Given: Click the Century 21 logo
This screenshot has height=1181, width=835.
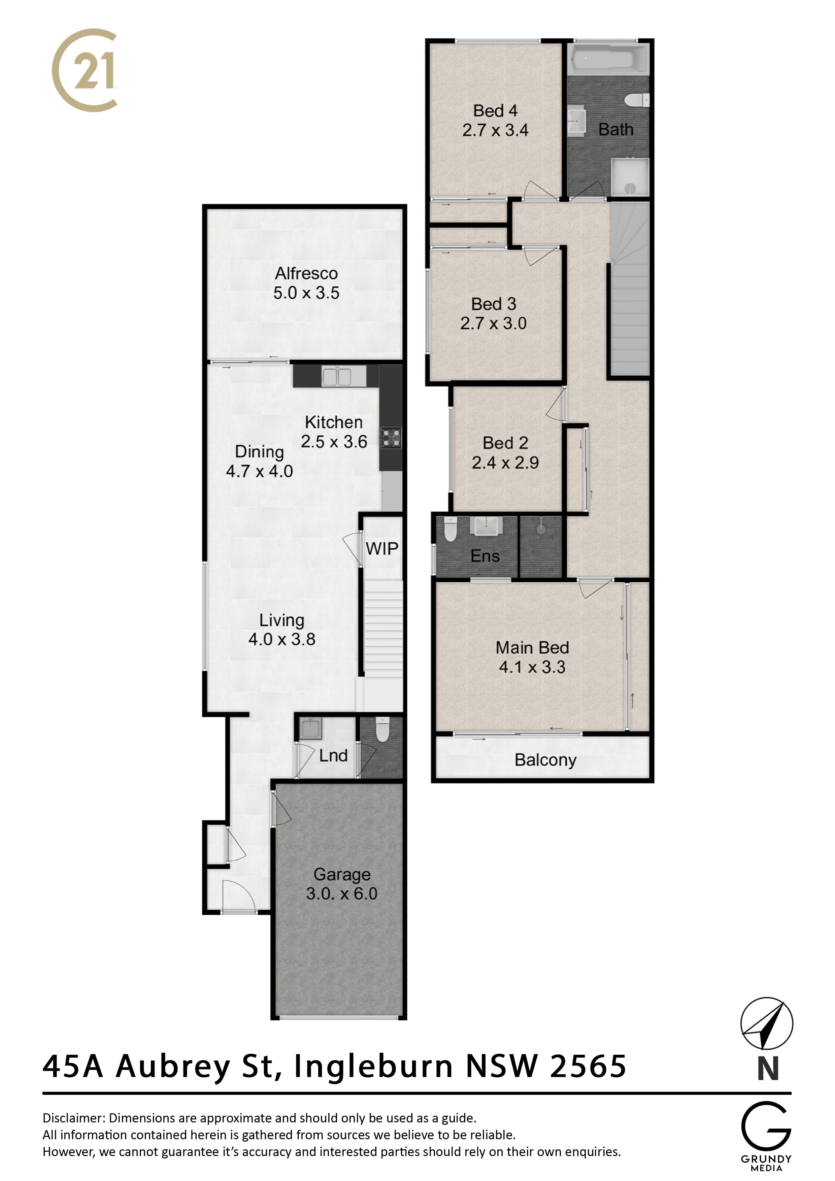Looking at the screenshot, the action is pyautogui.click(x=85, y=70).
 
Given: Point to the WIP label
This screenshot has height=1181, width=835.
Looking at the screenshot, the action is pyautogui.click(x=382, y=549).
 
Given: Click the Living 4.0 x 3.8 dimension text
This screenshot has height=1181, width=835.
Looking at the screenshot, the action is pyautogui.click(x=282, y=639).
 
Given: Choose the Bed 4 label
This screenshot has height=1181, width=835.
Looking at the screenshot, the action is pyautogui.click(x=495, y=110).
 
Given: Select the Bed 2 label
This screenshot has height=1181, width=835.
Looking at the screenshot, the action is pyautogui.click(x=505, y=443).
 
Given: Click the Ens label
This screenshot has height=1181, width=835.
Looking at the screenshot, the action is pyautogui.click(x=485, y=556).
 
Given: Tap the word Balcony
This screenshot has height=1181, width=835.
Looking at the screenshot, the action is pyautogui.click(x=545, y=760).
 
